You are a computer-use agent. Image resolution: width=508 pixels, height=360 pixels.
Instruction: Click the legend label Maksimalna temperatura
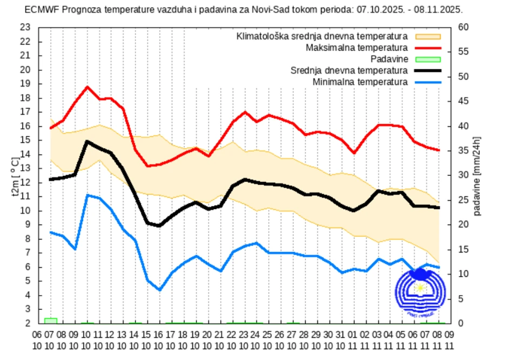[x=357, y=48]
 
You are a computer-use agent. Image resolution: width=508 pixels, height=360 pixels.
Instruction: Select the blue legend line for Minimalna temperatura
[x=428, y=82]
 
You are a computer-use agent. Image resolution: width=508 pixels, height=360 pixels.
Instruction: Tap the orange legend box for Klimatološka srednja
[x=428, y=37]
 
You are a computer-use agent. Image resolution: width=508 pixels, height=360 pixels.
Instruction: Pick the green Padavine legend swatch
[x=428, y=59]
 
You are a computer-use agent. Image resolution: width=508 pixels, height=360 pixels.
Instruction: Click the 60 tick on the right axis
[x=464, y=28]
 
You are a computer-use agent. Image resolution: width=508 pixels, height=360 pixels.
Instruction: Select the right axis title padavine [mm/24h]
[x=477, y=176]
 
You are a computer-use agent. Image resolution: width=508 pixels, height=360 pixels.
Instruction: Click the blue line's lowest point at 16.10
[x=160, y=290]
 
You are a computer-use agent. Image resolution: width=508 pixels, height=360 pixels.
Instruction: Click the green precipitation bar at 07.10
[x=51, y=321]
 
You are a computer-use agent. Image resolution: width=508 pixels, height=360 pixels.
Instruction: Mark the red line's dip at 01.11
[x=353, y=153]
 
